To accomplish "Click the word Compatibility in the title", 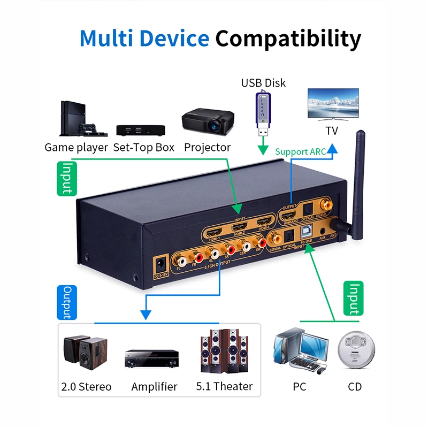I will click(x=288, y=39).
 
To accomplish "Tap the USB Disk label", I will click(x=263, y=83).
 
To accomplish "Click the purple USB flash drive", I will click(x=263, y=113).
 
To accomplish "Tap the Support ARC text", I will click(x=300, y=151).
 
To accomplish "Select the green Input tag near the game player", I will click(x=67, y=178).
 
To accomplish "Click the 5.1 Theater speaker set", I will click(x=225, y=350).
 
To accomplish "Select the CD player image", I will click(x=354, y=351).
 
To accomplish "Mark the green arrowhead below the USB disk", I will click(x=263, y=150).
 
